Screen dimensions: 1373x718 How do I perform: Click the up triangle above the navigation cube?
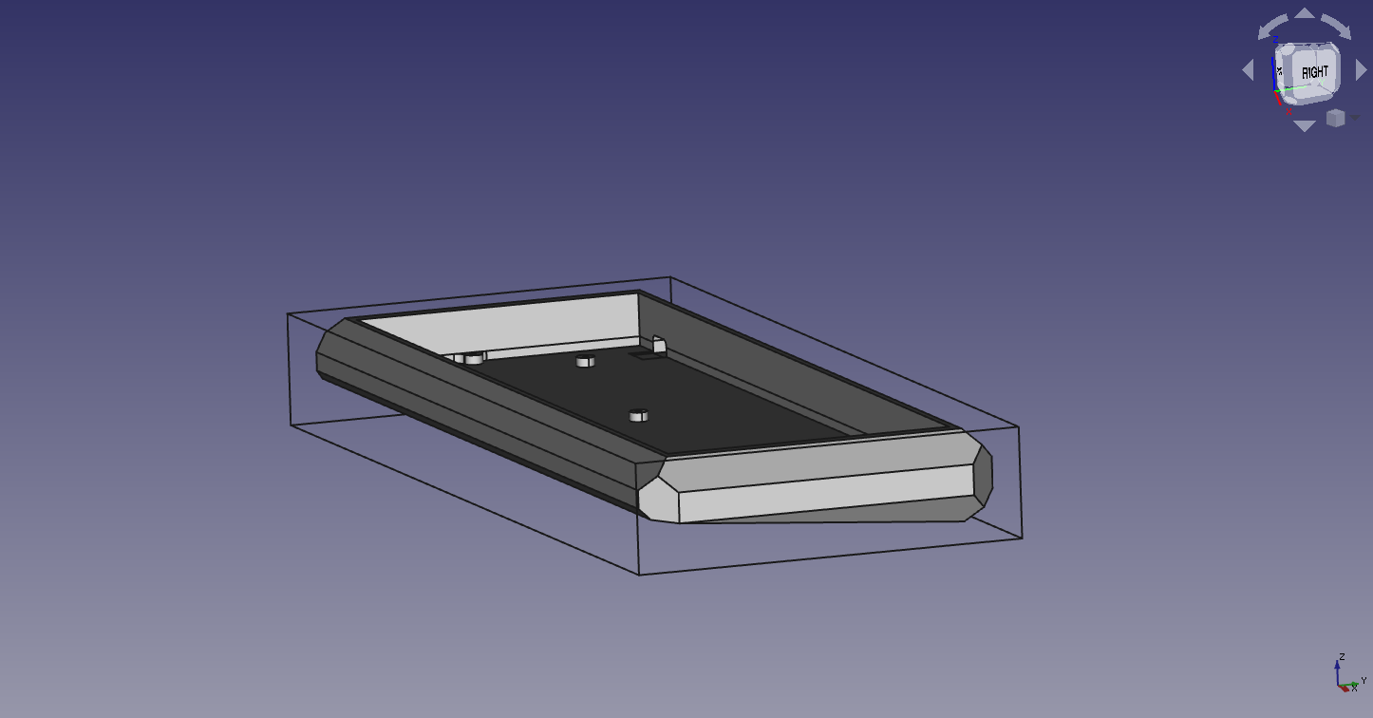(x=1305, y=13)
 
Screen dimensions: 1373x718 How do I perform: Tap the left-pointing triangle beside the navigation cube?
(x=1248, y=70)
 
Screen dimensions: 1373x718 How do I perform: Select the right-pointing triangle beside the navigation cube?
(x=1361, y=70)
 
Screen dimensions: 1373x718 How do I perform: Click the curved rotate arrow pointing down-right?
(x=1336, y=27)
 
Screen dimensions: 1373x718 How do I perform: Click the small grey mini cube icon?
(x=1336, y=118)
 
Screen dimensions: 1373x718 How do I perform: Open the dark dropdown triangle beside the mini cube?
(x=1355, y=117)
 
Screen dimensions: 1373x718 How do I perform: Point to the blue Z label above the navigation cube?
(x=1275, y=40)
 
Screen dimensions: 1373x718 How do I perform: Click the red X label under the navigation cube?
(x=1288, y=112)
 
